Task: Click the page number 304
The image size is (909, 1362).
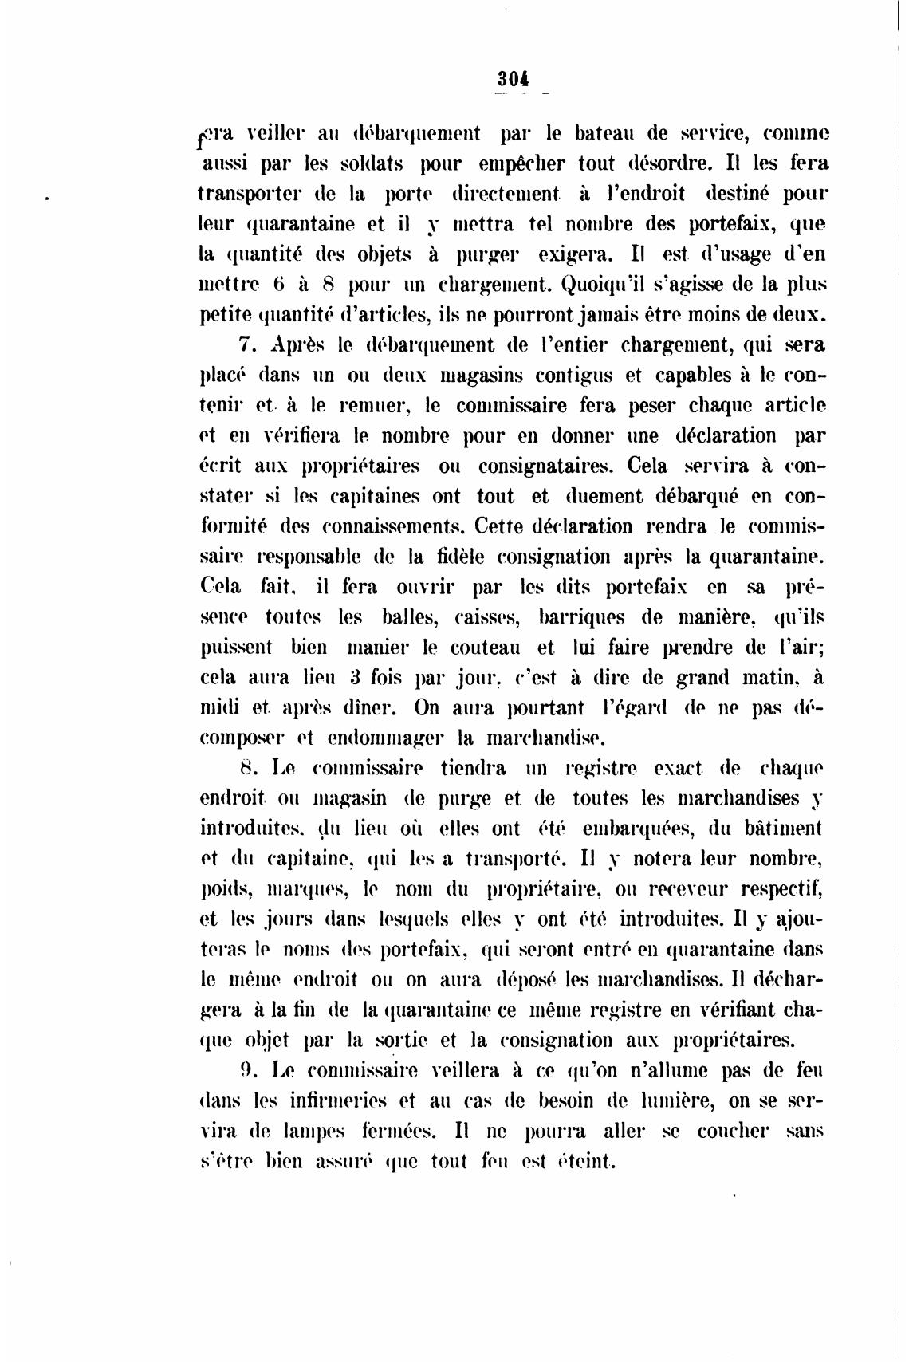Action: coord(513,77)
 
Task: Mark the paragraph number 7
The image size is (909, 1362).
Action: coord(246,345)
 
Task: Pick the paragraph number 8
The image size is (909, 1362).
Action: coord(248,769)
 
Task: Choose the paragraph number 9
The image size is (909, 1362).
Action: coord(248,1070)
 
